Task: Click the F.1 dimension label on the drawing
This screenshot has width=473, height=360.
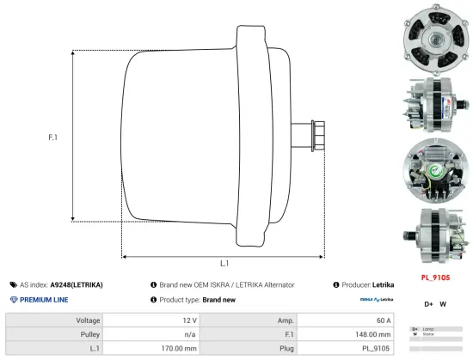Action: pyautogui.click(x=52, y=138)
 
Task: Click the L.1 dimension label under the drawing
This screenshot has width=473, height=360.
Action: pyautogui.click(x=224, y=264)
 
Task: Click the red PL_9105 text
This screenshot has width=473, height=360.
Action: pyautogui.click(x=435, y=278)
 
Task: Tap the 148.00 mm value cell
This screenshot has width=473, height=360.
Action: pyautogui.click(x=373, y=334)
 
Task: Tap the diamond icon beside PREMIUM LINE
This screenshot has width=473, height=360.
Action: pyautogui.click(x=13, y=299)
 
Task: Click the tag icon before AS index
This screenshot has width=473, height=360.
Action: pyautogui.click(x=13, y=284)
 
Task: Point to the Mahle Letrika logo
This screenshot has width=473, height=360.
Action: pyautogui.click(x=377, y=300)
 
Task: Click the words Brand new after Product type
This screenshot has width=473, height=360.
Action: pyautogui.click(x=218, y=299)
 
